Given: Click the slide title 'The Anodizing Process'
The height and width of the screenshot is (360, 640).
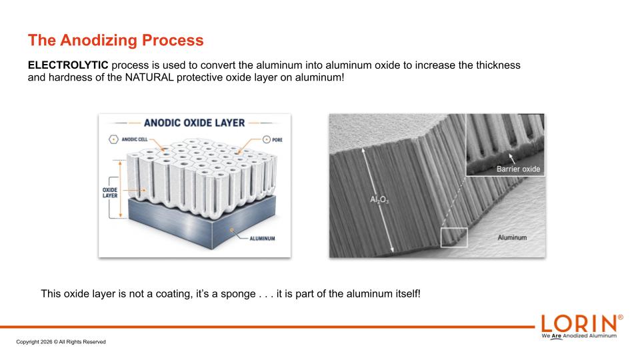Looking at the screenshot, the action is pyautogui.click(x=115, y=40).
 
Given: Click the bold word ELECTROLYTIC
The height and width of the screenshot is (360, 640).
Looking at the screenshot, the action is pyautogui.click(x=68, y=65).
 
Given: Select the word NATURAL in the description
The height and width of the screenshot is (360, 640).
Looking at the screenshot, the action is pyautogui.click(x=149, y=77).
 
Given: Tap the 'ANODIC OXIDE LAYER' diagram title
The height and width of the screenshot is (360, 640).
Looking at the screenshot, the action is pyautogui.click(x=194, y=123).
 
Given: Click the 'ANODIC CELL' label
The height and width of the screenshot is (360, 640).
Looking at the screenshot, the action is pyautogui.click(x=135, y=139).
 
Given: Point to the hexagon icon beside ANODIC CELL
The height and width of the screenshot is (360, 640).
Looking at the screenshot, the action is pyautogui.click(x=113, y=139).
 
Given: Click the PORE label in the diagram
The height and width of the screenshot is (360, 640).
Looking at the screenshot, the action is pyautogui.click(x=277, y=140).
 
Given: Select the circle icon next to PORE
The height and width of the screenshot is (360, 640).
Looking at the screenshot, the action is pyautogui.click(x=267, y=139).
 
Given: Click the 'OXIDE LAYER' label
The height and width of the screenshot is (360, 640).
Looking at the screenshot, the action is pyautogui.click(x=110, y=193).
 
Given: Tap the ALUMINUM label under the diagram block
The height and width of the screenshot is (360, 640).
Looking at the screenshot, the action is pyautogui.click(x=263, y=239).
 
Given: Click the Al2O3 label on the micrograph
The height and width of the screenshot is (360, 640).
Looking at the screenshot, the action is pyautogui.click(x=379, y=199).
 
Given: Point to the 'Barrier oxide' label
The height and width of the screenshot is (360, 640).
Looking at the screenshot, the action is pyautogui.click(x=519, y=169).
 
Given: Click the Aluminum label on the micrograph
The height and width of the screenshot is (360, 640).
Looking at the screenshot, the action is pyautogui.click(x=512, y=237).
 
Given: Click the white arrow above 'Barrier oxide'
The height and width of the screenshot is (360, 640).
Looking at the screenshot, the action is pyautogui.click(x=511, y=159).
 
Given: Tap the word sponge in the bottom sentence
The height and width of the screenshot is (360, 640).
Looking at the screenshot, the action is pyautogui.click(x=239, y=294).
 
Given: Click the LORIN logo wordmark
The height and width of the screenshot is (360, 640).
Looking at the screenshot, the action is pyautogui.click(x=579, y=324).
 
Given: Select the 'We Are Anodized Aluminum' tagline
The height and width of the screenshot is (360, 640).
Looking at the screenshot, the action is pyautogui.click(x=579, y=336).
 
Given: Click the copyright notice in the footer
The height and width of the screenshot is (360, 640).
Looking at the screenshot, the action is pyautogui.click(x=61, y=342).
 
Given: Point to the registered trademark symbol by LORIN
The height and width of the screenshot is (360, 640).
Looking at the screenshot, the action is pyautogui.click(x=621, y=317).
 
